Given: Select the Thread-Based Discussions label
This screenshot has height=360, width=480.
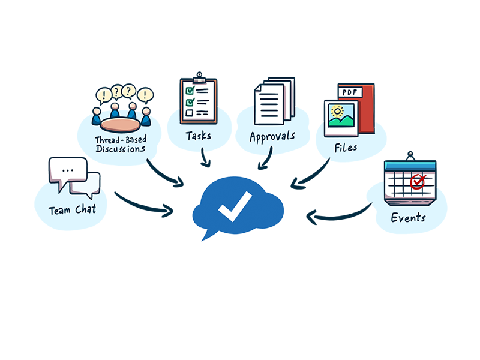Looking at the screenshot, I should click(x=119, y=145).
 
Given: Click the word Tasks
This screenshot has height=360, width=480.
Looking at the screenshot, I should click(x=198, y=136).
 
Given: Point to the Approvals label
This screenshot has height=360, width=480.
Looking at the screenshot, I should click(x=272, y=136).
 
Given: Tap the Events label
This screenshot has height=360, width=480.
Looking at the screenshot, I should click(x=408, y=217).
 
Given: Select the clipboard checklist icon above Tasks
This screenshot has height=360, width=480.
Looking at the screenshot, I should click(x=198, y=99).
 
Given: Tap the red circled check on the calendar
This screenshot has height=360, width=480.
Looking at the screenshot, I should click(x=416, y=179).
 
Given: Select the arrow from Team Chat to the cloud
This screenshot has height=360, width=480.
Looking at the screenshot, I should click(x=144, y=204).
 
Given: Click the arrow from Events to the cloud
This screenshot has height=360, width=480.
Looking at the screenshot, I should click(x=339, y=214).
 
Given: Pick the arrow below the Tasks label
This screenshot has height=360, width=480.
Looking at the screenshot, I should click(x=206, y=157).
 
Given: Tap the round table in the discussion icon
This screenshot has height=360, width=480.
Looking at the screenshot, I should click(x=119, y=125).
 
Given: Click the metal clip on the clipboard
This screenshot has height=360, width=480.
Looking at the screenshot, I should click(x=198, y=78).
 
